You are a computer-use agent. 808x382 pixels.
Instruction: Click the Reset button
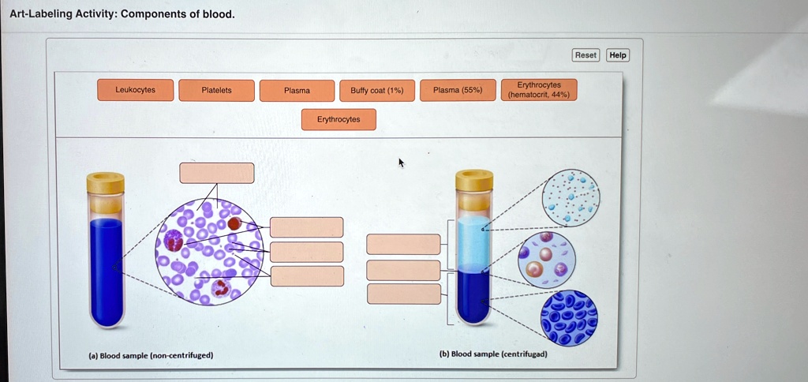click(x=585, y=55)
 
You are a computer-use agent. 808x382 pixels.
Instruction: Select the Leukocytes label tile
click(x=135, y=90)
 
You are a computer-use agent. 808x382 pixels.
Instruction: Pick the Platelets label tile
click(x=217, y=91)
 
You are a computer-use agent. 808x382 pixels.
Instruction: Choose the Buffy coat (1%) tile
click(x=376, y=91)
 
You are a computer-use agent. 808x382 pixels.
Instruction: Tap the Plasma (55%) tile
click(x=458, y=90)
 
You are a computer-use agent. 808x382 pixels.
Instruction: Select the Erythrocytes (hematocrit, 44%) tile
click(x=540, y=90)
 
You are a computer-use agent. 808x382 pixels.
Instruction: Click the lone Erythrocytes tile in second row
click(x=339, y=120)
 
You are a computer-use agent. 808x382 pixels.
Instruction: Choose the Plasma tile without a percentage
click(x=297, y=91)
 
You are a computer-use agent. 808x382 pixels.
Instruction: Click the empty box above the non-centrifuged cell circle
click(x=217, y=173)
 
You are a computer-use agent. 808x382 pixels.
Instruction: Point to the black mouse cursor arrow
click(x=401, y=163)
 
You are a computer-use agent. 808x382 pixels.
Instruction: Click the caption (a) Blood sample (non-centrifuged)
click(x=150, y=355)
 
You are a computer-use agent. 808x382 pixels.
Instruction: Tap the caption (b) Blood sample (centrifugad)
click(x=493, y=354)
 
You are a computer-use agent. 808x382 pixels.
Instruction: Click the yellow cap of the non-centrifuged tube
click(x=106, y=183)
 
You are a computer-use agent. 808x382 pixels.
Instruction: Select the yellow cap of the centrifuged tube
click(x=474, y=181)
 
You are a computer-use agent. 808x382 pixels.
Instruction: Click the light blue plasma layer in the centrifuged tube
click(x=474, y=245)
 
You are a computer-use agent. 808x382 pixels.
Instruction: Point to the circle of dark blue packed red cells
click(x=569, y=318)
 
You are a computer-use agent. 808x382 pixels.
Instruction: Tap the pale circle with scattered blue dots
click(x=570, y=197)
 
